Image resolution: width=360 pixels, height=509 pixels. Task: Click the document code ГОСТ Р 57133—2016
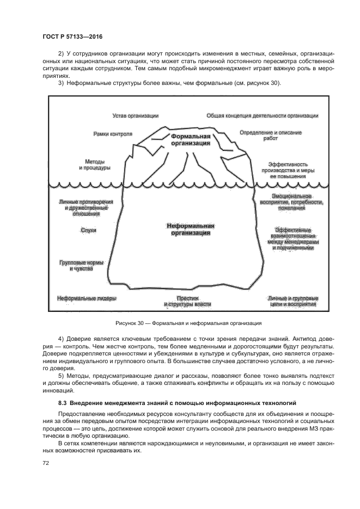72,36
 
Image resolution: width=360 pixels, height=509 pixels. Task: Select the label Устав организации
135,115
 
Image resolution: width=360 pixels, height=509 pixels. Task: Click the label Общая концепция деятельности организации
262,115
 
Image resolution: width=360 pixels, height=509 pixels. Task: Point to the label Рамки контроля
113,133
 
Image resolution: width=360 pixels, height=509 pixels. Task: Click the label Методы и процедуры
94,164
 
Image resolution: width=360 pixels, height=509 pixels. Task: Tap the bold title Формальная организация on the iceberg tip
190,139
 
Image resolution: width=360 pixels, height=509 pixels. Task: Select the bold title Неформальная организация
190,229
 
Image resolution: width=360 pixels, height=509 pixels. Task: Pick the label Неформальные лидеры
87,298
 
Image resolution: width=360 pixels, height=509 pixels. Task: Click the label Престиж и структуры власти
187,301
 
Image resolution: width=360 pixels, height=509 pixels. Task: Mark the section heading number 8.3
63,403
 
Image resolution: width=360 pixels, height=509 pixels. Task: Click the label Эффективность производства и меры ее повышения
288,170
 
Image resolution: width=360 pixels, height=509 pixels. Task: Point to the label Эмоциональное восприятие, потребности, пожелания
292,201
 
